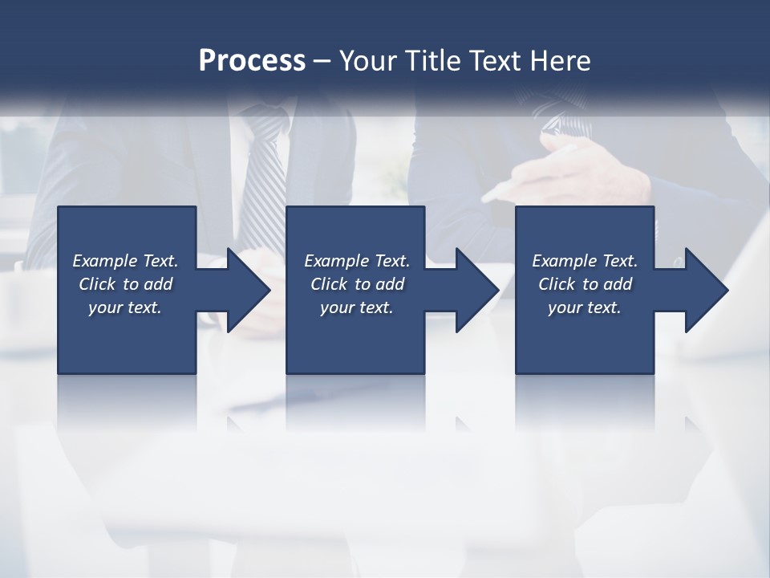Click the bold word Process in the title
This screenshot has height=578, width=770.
pyautogui.click(x=252, y=61)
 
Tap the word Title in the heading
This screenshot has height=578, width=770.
pyautogui.click(x=434, y=61)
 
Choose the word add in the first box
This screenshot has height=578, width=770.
pyautogui.click(x=158, y=284)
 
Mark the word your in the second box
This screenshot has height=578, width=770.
pyautogui.click(x=337, y=307)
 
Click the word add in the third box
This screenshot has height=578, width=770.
pyautogui.click(x=618, y=284)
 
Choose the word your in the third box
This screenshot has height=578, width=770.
pyautogui.click(x=565, y=307)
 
